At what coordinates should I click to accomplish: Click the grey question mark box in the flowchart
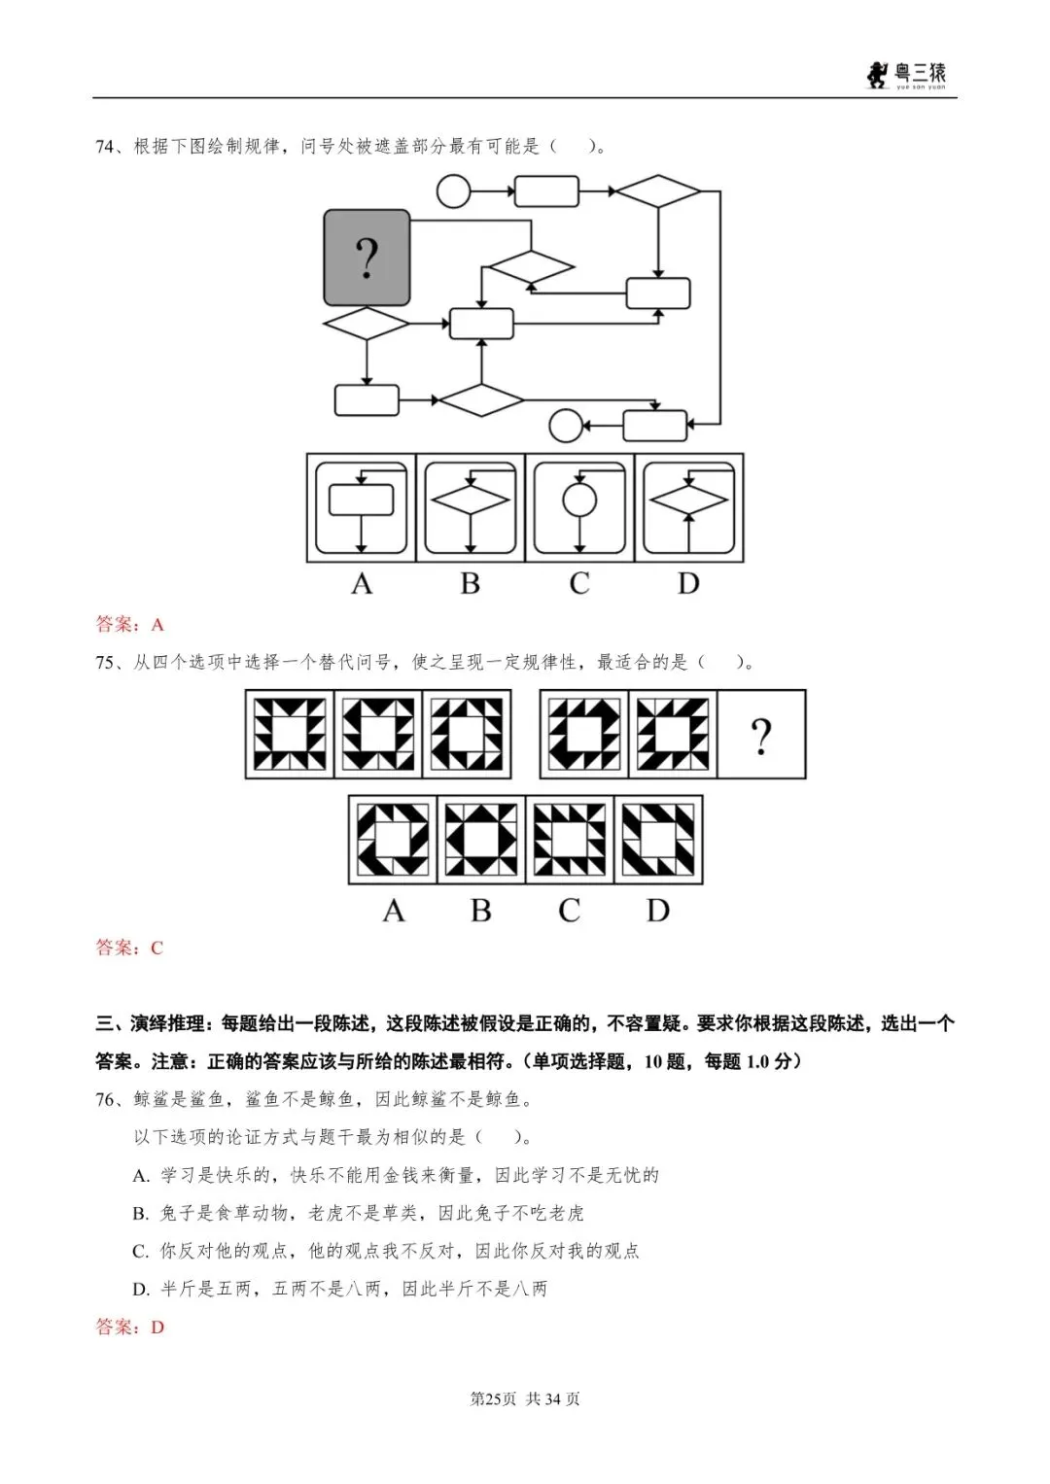pos(367,258)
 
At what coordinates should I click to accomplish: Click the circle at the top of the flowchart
pos(453,190)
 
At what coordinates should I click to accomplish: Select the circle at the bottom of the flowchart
pos(566,425)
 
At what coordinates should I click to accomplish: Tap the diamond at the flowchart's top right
pos(658,191)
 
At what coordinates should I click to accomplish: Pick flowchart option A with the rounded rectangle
pos(362,507)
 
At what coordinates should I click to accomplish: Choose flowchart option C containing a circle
pos(579,507)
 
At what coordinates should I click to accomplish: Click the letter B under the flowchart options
pos(471,583)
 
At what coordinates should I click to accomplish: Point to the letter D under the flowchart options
pos(688,583)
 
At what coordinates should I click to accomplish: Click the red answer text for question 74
pos(129,624)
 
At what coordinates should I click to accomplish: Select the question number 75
pos(107,662)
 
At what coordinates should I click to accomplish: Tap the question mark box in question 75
pos(761,735)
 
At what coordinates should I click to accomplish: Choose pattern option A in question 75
pos(393,840)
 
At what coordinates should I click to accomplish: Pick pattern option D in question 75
pos(658,840)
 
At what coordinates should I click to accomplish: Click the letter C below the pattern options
pos(570,911)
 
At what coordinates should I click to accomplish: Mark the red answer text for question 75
pos(129,947)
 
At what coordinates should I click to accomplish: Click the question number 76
pos(107,1099)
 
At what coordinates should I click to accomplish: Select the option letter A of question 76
pos(141,1176)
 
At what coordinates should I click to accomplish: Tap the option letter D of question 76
pos(141,1290)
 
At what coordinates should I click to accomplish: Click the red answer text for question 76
pos(129,1327)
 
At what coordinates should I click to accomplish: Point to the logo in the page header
pos(906,75)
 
